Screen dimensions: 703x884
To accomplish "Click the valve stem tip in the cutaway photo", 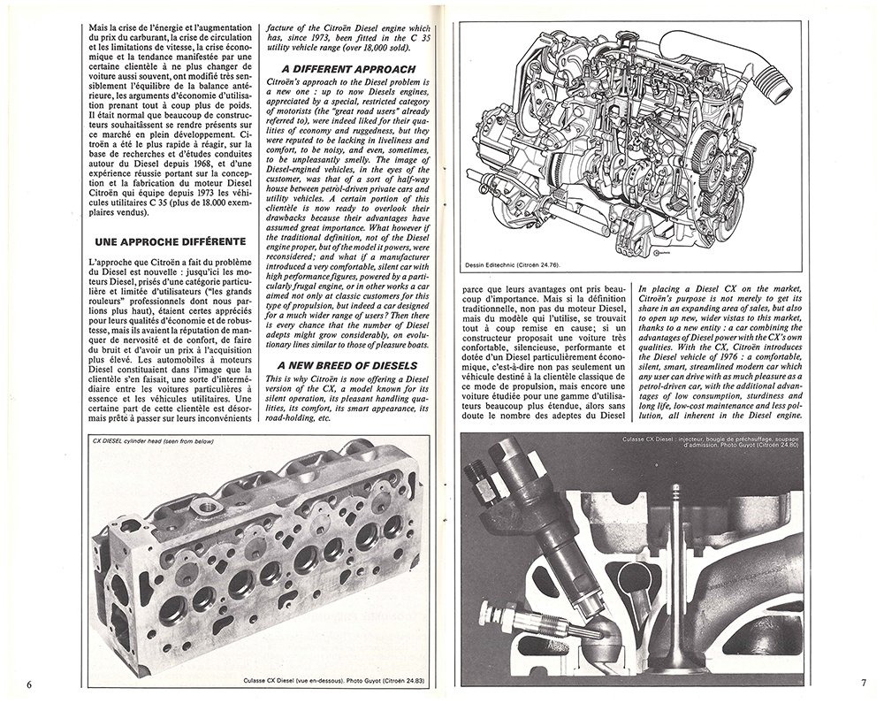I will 675,488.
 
